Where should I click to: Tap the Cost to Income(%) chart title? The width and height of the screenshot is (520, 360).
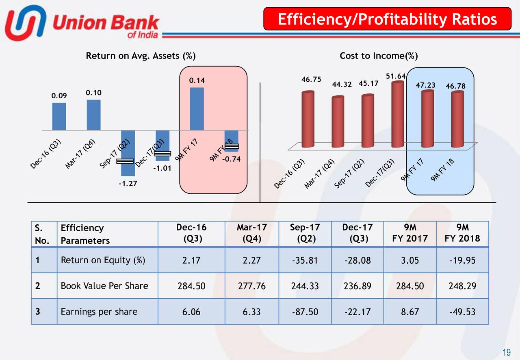(x=379, y=56)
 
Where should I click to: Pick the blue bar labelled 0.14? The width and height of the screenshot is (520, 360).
(x=197, y=109)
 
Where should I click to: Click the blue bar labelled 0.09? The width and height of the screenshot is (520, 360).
(x=59, y=116)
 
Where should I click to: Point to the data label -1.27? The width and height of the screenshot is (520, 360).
(x=128, y=184)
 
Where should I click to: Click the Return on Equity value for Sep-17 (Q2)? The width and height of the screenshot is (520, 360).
(x=305, y=260)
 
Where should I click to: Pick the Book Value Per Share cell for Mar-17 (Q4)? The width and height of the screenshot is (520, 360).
(x=252, y=286)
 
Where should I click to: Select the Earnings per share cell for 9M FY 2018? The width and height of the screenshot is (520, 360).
(x=462, y=312)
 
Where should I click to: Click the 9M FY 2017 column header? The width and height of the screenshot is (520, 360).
(x=410, y=233)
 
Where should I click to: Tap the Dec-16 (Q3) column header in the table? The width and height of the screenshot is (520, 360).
(x=191, y=233)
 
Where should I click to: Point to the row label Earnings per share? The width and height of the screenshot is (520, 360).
(x=99, y=312)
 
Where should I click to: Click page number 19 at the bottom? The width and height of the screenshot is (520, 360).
(x=507, y=352)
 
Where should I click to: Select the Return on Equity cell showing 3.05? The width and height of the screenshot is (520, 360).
(x=410, y=260)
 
